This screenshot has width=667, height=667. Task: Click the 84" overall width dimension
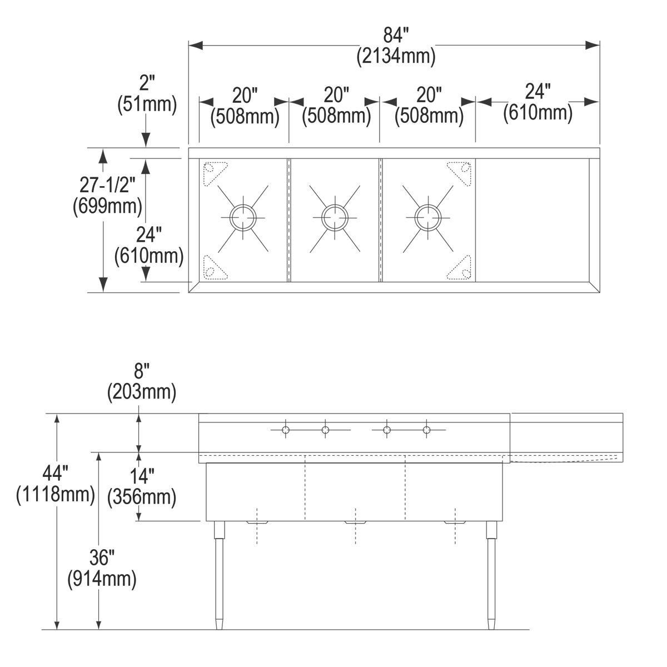pos(396,36)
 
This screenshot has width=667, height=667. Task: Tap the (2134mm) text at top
pos(396,56)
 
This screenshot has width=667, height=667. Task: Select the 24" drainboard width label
pos(537,92)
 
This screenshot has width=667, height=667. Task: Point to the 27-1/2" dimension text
pos(107,186)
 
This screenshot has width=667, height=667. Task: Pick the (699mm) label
pos(107,207)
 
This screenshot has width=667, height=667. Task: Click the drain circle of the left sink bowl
pos(243,218)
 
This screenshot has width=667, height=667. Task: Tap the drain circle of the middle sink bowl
pos(335,218)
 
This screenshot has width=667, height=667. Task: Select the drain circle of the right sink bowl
pos(428,218)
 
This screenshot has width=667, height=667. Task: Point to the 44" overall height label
pos(56,473)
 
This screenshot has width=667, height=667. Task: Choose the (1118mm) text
pos(56,494)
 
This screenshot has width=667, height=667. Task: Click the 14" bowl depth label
pos(142,476)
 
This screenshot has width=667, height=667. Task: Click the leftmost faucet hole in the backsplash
pos(286,430)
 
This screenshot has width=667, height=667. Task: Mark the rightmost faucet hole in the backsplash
pos(427,430)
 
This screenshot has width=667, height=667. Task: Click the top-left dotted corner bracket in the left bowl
pos(215,173)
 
